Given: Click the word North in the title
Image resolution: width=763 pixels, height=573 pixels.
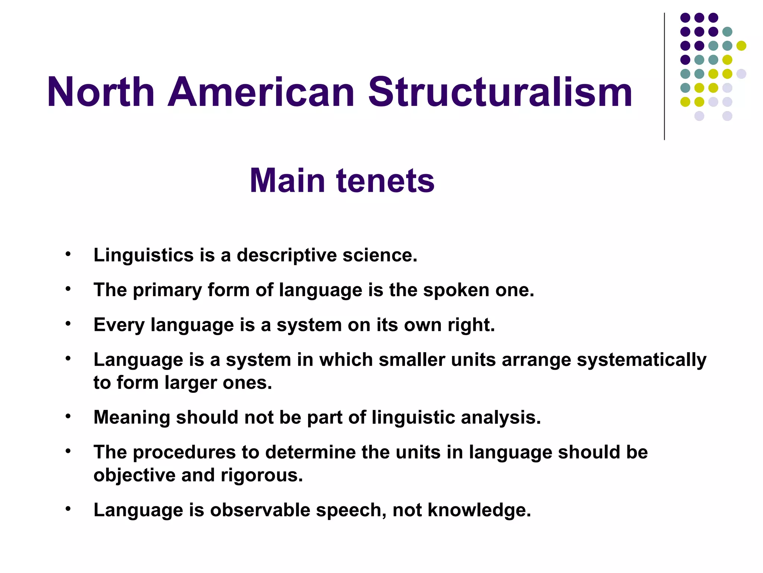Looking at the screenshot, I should coord(101,92).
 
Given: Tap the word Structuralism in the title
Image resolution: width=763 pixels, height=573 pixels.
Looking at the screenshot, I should coord(500,92).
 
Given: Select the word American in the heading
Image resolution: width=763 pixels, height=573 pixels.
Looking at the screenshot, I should coord(261,92).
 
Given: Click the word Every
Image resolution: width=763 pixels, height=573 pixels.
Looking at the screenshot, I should coord(119,325).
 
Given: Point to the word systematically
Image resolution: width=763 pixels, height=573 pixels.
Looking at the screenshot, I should coord(641,360).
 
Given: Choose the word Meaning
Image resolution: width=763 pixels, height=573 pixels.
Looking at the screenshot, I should coord(132,418).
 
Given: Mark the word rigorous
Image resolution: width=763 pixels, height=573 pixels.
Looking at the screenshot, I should coord(261,476).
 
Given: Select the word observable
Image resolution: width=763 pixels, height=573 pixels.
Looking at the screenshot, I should coord(260,510).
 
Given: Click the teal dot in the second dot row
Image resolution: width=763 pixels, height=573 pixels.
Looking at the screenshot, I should coord(727,32).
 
